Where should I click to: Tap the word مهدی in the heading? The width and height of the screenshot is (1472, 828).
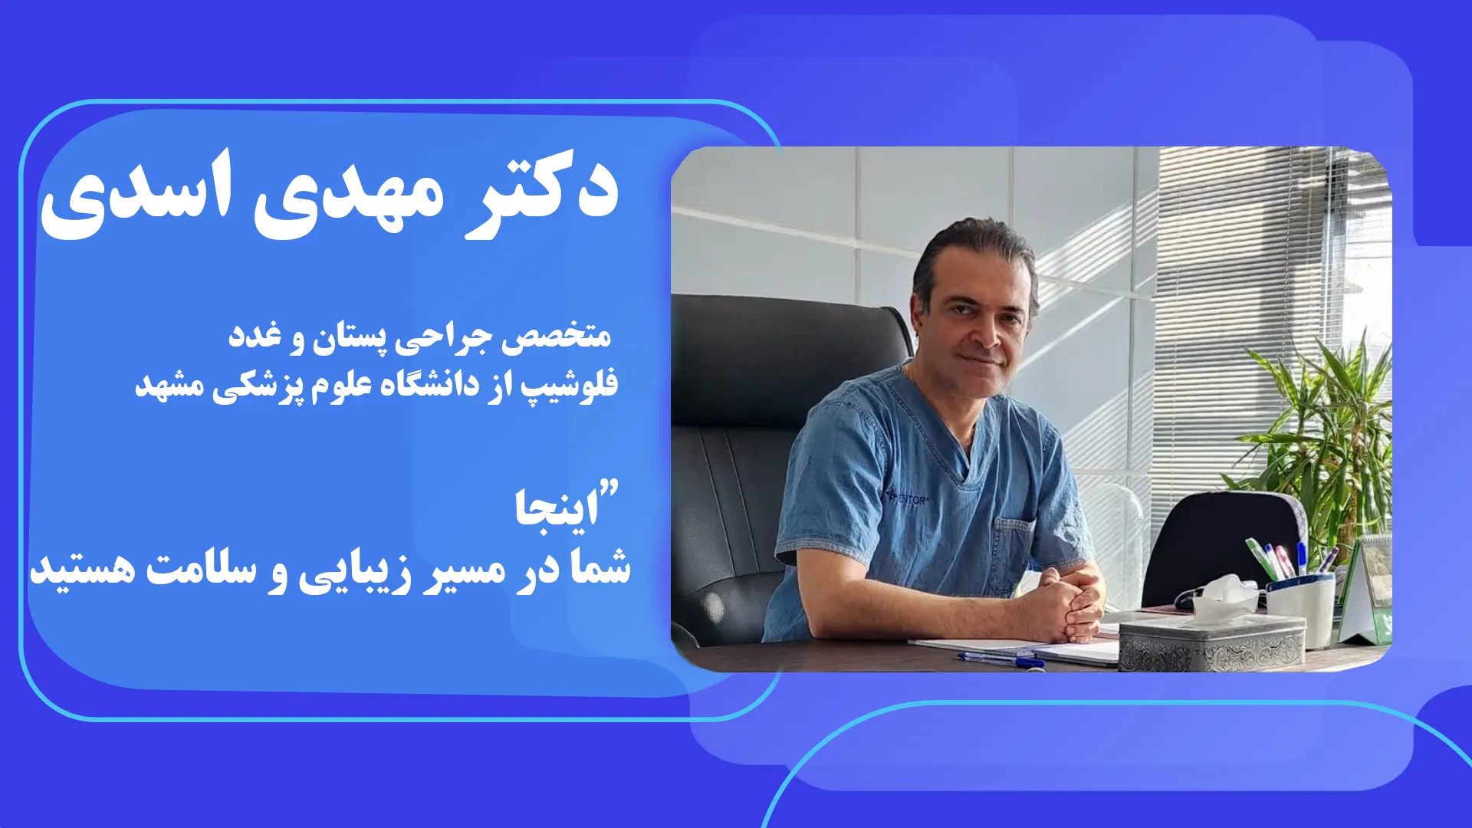pos(349,195)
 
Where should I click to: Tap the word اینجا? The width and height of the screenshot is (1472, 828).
pos(557,508)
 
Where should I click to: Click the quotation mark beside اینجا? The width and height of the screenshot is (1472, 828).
pos(610,488)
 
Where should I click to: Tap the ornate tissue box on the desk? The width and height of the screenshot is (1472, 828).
pos(1211,642)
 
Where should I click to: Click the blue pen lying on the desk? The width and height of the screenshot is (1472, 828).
pos(1001,659)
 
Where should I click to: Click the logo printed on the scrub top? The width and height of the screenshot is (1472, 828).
pos(908,498)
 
